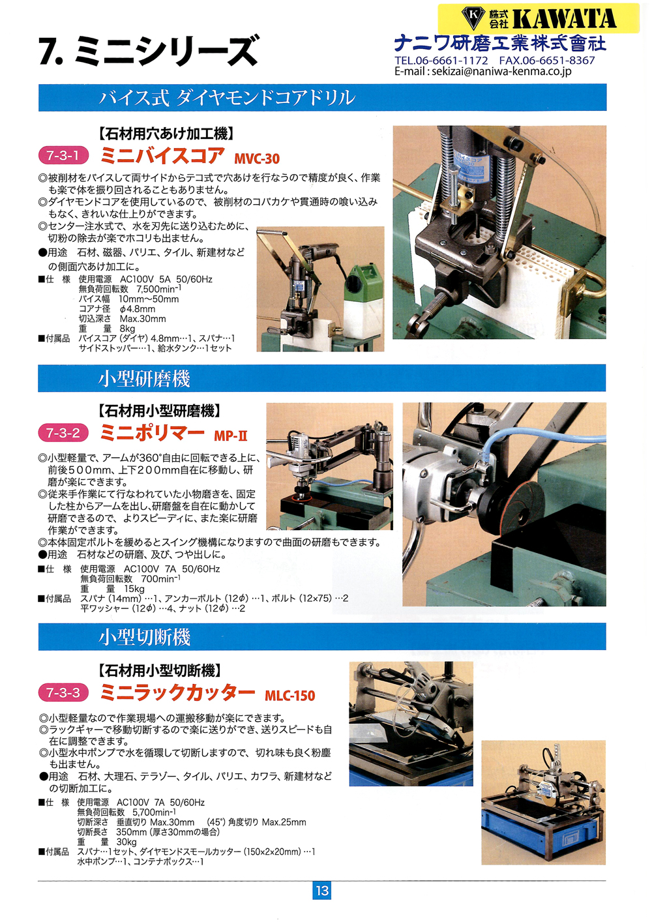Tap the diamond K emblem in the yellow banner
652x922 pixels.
pos(473,18)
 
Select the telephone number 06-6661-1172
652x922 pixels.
pos(452,61)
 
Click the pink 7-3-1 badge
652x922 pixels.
pos(63,156)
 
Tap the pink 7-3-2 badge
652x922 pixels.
pos(63,433)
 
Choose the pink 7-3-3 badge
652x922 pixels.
pos(63,692)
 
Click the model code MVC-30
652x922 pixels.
pos(257,158)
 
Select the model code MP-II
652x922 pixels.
pos(231,436)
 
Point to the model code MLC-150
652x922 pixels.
pos(289,696)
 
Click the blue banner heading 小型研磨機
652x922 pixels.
pos(144,378)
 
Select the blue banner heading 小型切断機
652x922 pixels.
pos(144,638)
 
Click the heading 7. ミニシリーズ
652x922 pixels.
pos(149,51)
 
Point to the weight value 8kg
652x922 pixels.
pos(128,329)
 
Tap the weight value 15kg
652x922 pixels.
pos(134,589)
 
